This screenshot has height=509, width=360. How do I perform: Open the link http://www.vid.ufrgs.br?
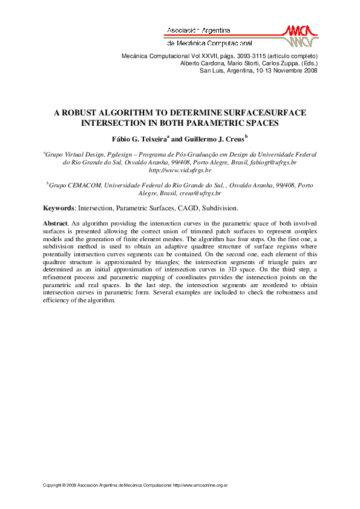pos(180,170)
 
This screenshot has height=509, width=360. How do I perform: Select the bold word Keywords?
pos(57,208)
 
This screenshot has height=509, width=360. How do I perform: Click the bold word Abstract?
pos(54,223)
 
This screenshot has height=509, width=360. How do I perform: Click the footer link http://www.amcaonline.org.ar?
pos(200,485)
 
